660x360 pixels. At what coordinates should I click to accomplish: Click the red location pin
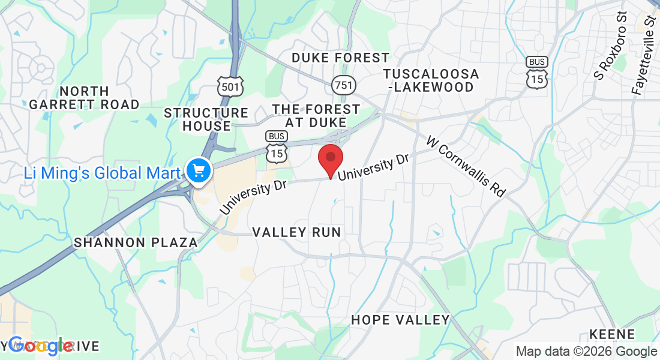(330, 158)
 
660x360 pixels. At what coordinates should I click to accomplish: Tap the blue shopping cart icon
(197, 172)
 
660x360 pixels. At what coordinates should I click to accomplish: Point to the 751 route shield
(344, 85)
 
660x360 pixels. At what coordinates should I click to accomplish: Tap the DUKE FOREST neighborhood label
(340, 58)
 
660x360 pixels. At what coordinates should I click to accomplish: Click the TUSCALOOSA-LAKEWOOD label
(431, 80)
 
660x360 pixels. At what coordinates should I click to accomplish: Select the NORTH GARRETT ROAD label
(84, 98)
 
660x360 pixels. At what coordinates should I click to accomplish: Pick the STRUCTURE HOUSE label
(206, 119)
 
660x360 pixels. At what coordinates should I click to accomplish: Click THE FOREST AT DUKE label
(316, 116)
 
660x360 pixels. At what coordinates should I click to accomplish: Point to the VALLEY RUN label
(296, 232)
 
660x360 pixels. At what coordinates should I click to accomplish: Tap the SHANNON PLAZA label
(136, 242)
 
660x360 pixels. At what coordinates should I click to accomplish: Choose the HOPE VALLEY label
(400, 319)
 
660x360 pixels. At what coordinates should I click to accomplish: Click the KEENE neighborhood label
(612, 334)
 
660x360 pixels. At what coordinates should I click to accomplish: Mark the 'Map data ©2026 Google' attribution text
(586, 352)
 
